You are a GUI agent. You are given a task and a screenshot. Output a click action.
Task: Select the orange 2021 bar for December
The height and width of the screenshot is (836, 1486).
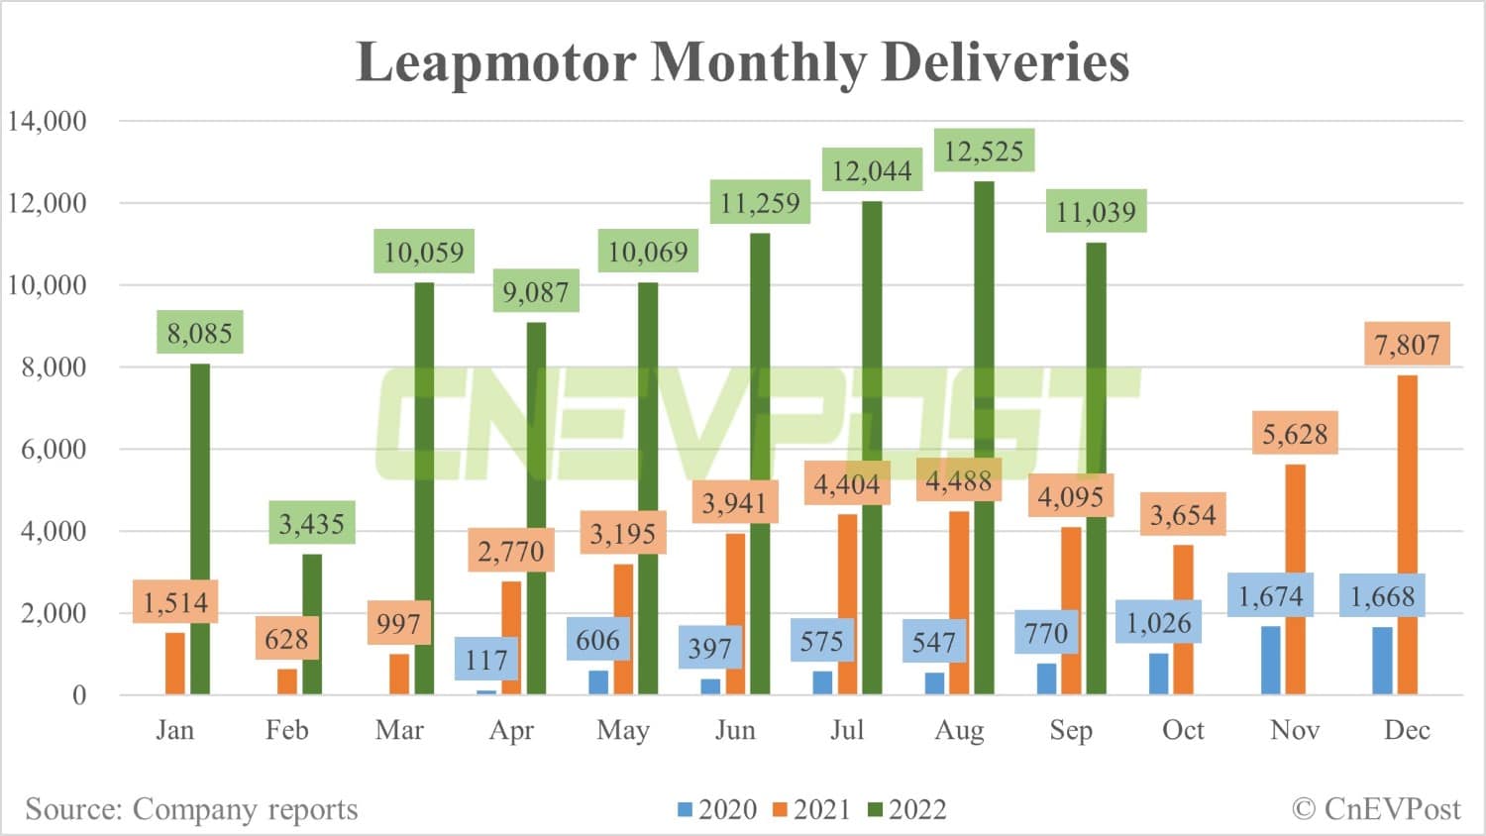pyautogui.click(x=1407, y=535)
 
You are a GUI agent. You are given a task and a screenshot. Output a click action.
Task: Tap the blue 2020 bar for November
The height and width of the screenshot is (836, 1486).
pyautogui.click(x=1270, y=660)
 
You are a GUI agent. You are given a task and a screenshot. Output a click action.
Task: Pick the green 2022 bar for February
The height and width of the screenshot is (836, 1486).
pyautogui.click(x=312, y=624)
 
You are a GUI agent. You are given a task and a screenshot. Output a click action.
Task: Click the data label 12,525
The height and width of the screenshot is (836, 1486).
pyautogui.click(x=984, y=152)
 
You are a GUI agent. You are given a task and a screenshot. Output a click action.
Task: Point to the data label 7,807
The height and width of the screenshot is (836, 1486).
pyautogui.click(x=1406, y=345)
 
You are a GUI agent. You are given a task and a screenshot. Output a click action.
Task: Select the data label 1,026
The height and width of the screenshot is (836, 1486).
pyautogui.click(x=1158, y=623)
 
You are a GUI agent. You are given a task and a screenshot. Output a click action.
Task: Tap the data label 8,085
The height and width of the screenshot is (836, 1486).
pyautogui.click(x=199, y=333)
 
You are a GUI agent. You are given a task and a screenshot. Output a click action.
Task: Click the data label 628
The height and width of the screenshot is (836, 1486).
pyautogui.click(x=286, y=639)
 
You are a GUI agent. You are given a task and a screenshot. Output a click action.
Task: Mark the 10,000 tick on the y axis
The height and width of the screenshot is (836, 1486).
pyautogui.click(x=48, y=285)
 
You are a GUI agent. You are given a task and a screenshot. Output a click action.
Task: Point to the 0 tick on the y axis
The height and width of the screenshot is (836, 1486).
pyautogui.click(x=79, y=695)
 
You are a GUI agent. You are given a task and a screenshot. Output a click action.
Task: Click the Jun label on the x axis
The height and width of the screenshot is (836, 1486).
pyautogui.click(x=735, y=730)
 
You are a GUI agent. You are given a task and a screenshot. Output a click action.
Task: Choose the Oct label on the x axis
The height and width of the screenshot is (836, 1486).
pyautogui.click(x=1183, y=730)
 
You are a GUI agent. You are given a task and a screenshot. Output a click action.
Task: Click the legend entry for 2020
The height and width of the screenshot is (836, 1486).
pyautogui.click(x=716, y=810)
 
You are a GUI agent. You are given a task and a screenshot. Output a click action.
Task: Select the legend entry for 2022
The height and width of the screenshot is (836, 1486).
pyautogui.click(x=906, y=810)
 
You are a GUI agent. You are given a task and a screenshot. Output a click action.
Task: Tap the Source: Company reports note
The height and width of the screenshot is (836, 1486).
pyautogui.click(x=191, y=809)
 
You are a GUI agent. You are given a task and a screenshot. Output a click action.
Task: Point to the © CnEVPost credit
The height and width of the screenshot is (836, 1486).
pyautogui.click(x=1376, y=809)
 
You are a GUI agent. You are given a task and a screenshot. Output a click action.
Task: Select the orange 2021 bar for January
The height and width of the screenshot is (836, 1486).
pyautogui.click(x=174, y=664)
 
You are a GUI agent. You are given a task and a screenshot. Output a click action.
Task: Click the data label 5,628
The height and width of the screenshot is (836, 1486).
pyautogui.click(x=1294, y=434)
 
